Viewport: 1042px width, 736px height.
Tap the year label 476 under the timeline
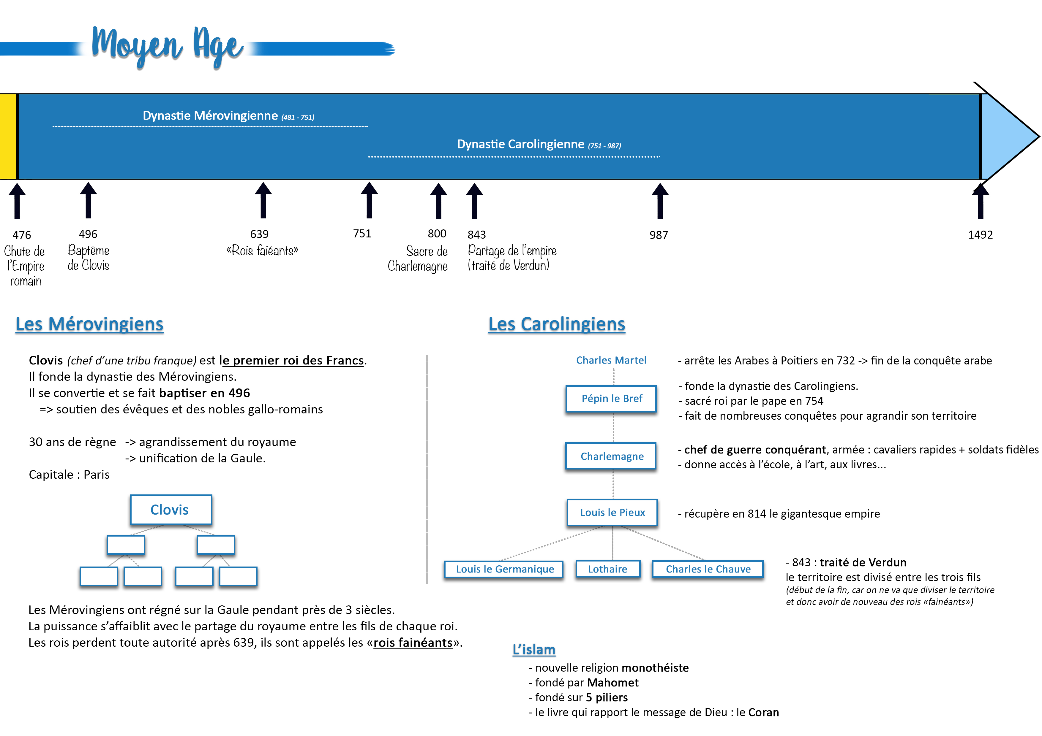coord(22,235)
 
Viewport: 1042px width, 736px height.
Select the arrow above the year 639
coord(263,200)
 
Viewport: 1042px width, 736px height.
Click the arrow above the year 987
coord(660,201)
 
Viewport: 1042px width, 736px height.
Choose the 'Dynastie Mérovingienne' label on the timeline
coord(229,116)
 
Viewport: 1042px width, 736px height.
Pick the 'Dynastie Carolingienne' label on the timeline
coord(539,144)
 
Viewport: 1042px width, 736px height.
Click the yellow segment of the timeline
coord(8,137)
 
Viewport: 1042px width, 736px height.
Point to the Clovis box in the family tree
coord(170,510)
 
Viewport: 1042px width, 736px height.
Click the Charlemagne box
coord(611,456)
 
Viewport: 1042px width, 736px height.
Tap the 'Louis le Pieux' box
coord(612,513)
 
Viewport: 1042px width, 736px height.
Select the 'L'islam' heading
coord(534,649)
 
